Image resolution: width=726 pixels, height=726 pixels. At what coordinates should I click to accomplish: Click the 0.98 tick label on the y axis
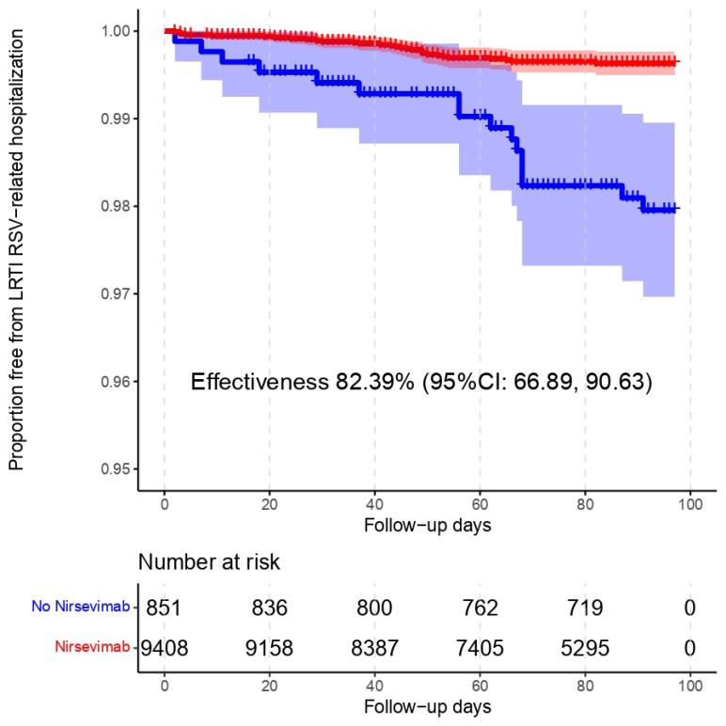(x=118, y=206)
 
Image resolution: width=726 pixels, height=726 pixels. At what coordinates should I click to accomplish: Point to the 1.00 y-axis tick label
(x=118, y=31)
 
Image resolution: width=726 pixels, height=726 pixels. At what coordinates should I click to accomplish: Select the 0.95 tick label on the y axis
(x=118, y=469)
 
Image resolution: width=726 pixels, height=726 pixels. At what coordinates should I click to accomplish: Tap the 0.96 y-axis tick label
(x=118, y=382)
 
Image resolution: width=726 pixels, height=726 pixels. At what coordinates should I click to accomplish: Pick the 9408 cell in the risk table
(x=165, y=646)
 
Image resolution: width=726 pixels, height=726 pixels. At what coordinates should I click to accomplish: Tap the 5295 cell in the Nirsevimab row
(x=585, y=646)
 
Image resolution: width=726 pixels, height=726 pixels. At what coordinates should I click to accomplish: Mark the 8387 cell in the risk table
(x=374, y=646)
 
